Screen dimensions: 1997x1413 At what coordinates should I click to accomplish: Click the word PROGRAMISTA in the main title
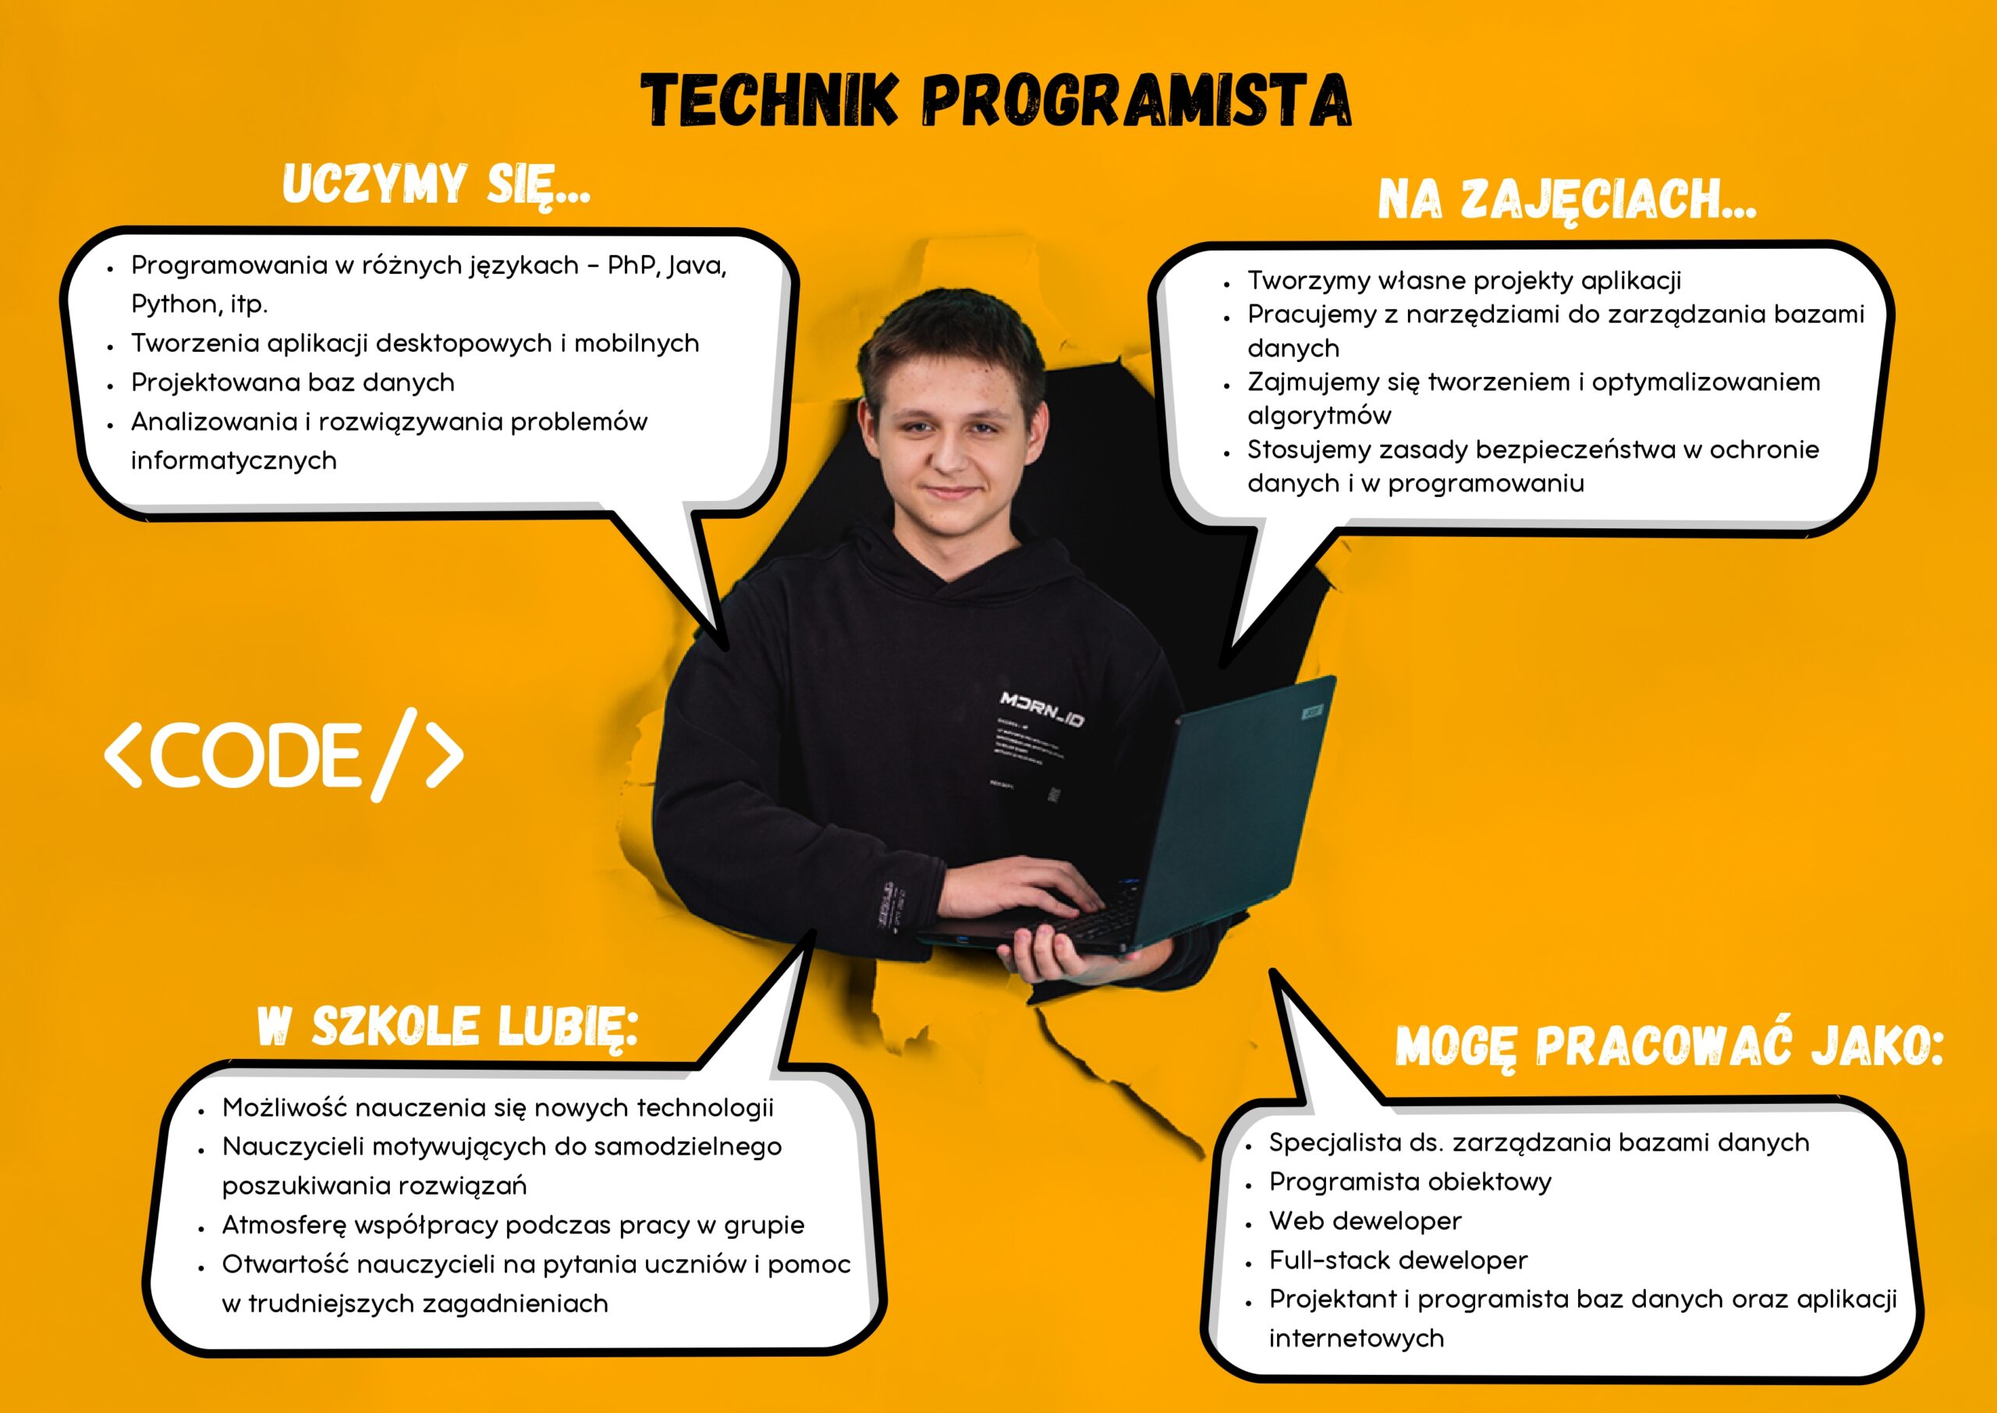[x=1136, y=100]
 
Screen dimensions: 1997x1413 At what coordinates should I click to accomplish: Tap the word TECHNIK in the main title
[x=769, y=100]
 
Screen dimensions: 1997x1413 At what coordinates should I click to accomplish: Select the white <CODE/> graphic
[x=283, y=754]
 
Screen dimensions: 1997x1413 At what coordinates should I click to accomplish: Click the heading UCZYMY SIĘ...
[x=436, y=184]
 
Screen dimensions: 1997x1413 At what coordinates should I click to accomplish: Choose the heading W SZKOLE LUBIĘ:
[x=448, y=1027]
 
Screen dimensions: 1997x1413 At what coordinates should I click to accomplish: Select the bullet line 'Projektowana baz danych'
[x=293, y=382]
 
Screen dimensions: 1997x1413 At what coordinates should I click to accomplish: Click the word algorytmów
[x=1318, y=415]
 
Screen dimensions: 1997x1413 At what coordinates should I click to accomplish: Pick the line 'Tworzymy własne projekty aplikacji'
[x=1464, y=280]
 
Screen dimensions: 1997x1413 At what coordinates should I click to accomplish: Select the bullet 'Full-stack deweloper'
[x=1398, y=1259]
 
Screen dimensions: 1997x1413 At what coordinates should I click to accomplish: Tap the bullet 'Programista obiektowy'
[x=1410, y=1181]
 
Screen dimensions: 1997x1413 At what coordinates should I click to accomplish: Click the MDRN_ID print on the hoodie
[x=1042, y=709]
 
